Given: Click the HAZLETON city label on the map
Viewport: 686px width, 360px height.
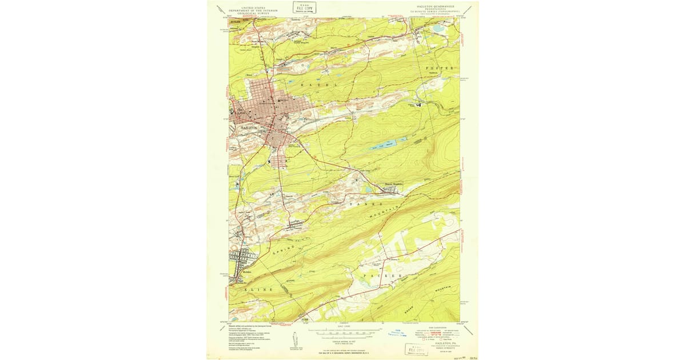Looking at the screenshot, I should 250,127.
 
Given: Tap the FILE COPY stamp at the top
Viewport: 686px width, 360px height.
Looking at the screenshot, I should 304,7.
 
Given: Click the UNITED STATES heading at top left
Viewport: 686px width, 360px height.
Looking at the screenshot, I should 253,7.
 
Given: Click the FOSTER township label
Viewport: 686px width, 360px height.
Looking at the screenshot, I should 440,68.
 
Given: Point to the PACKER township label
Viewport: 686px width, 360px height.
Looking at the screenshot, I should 378,275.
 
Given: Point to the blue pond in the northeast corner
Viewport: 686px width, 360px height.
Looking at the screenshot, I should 438,27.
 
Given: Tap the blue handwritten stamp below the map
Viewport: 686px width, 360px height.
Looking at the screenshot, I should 397,333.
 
